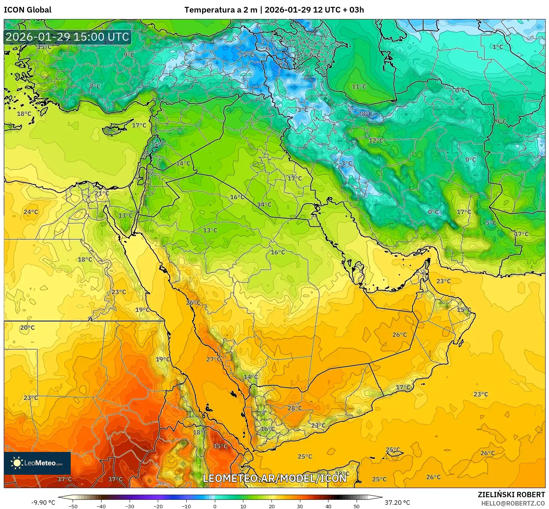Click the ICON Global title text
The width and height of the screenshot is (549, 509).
point(27,10)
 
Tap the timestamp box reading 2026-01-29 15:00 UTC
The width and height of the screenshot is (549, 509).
point(67,37)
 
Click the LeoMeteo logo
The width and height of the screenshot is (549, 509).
point(37,463)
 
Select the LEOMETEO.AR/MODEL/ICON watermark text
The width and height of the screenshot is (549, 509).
point(274,478)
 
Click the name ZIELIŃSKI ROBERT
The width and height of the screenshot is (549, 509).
point(511,495)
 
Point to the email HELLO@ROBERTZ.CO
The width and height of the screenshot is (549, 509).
point(513,503)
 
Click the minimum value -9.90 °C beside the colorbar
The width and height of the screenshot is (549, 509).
point(43,503)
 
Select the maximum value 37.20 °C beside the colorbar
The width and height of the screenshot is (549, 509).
point(397,503)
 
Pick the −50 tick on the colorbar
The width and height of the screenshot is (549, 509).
point(73,506)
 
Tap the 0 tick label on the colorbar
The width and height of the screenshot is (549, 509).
point(215,506)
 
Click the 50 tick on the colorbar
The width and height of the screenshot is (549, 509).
point(357,506)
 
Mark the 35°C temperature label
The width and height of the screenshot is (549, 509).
point(220,446)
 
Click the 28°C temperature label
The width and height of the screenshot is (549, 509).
point(295,408)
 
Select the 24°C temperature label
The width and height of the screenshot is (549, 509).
point(31,212)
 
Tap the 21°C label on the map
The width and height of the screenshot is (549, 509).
point(102,193)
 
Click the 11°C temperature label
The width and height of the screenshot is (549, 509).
point(359,86)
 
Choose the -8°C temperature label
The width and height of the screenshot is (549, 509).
point(366,114)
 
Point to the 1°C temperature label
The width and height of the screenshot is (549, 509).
point(498,47)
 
